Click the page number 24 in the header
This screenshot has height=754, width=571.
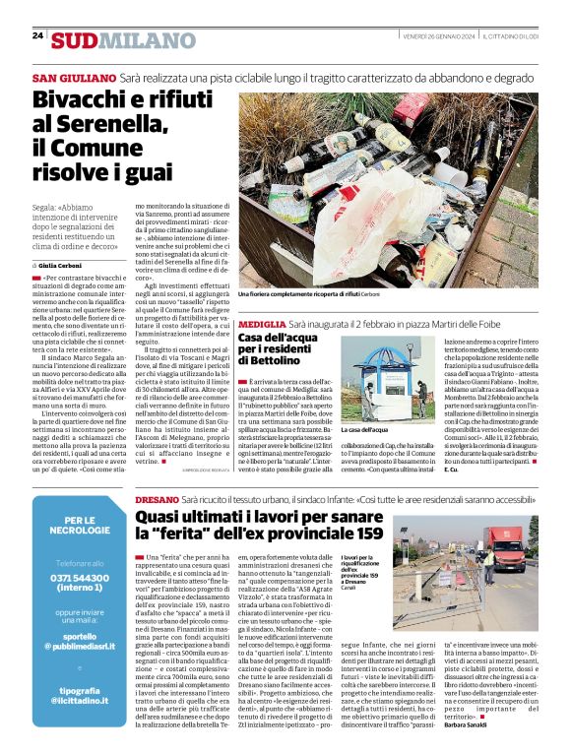pyautogui.click(x=37, y=35)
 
